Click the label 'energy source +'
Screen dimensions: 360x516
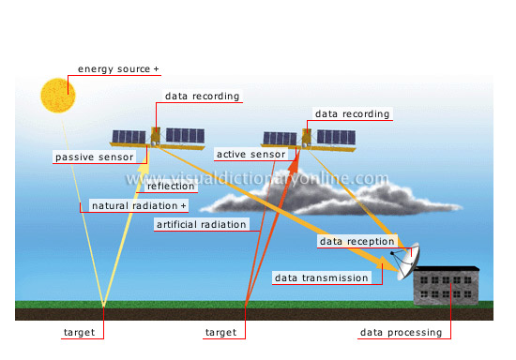118,69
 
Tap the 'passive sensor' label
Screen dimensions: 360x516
94,157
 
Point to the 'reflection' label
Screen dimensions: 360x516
172,187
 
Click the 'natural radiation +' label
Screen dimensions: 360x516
139,205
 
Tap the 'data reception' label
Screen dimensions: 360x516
357,242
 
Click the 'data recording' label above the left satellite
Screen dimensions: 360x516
202,96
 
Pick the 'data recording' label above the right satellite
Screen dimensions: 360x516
352,114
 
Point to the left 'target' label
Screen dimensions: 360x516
78,333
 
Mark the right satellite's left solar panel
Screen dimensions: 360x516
280,139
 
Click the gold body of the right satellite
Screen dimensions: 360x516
307,138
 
